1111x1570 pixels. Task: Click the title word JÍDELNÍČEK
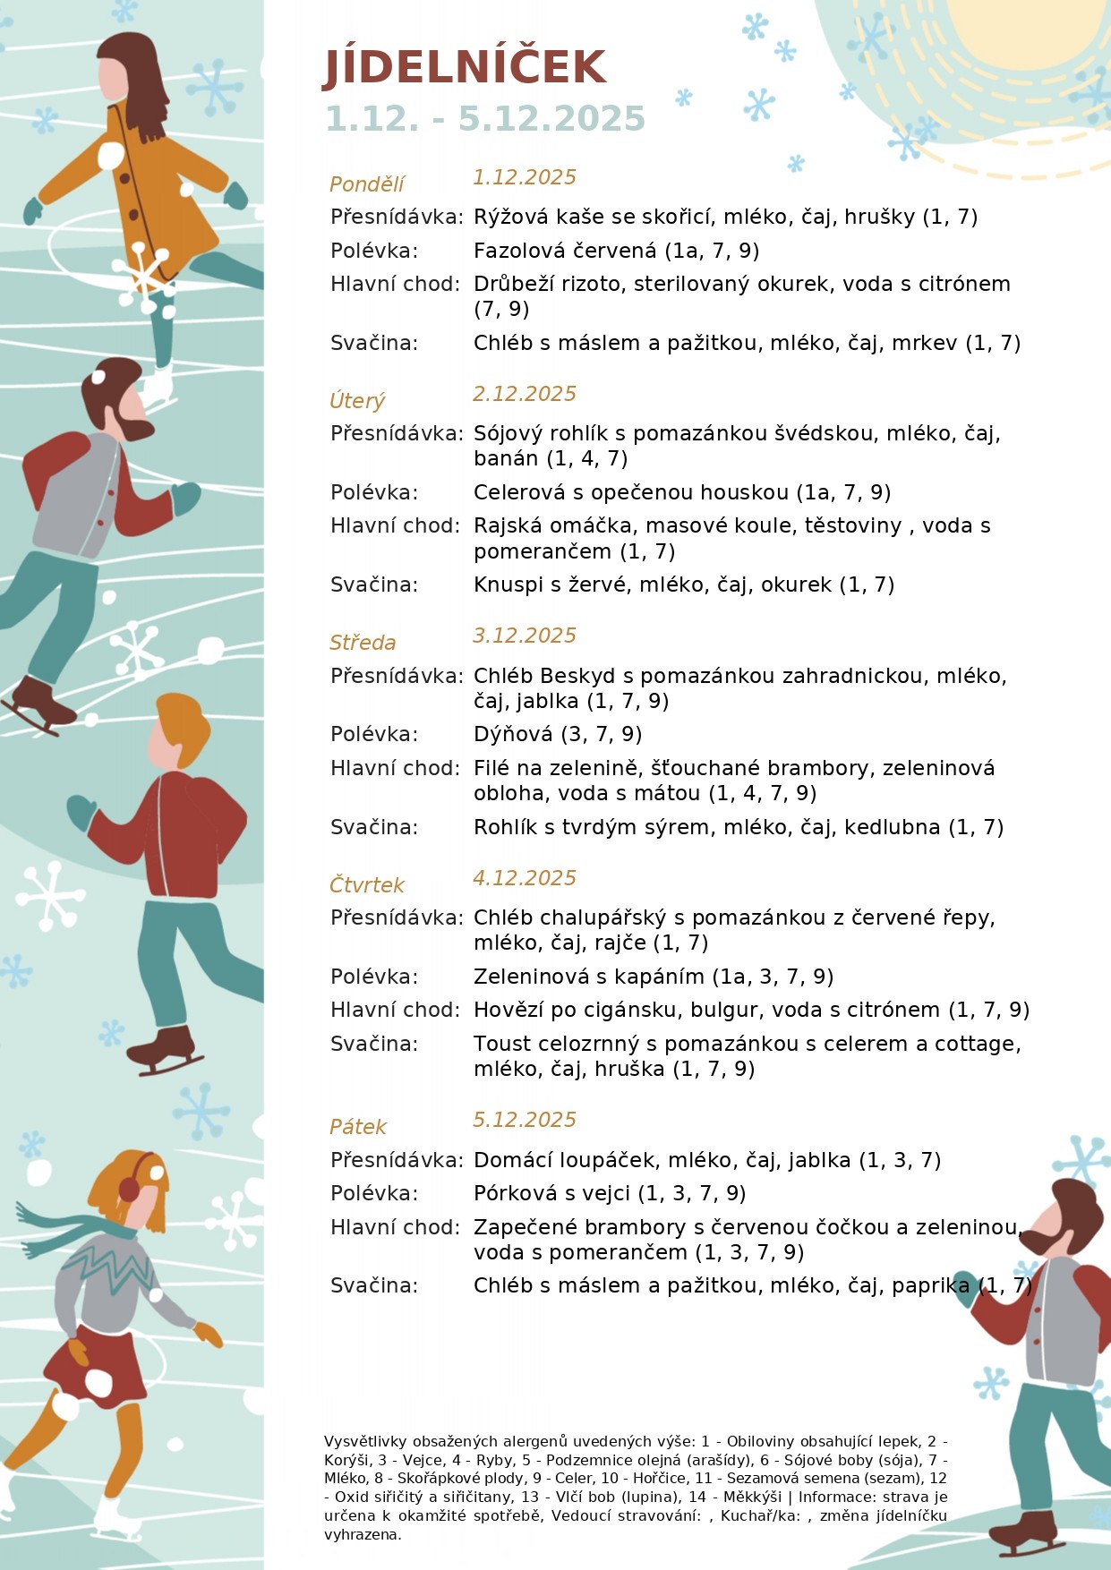(464, 68)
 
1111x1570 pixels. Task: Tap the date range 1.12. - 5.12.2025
(484, 119)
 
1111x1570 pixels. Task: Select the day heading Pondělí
(367, 184)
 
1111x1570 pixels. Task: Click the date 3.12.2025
(524, 636)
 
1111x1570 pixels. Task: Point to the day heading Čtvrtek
(367, 885)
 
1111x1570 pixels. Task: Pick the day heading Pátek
(358, 1127)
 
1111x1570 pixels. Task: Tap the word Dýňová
(513, 734)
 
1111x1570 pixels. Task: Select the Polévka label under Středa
(374, 734)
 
